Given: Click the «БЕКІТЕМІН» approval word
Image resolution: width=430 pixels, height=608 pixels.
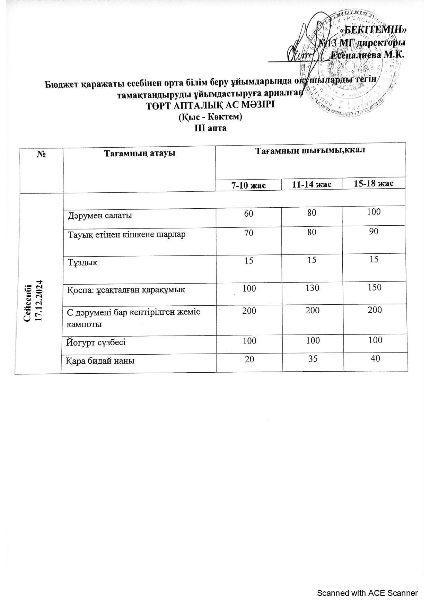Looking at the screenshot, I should pos(373,30).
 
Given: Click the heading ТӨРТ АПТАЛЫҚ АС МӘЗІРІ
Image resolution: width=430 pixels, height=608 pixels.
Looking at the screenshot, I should pos(210,105).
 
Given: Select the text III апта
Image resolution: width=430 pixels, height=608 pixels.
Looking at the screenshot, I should pos(210,128).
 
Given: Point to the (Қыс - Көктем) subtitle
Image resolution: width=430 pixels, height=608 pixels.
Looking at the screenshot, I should pos(210,116).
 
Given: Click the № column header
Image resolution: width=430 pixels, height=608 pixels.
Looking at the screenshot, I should pos(42,154).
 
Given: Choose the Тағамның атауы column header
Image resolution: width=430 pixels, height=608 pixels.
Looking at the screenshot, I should pos(140,153).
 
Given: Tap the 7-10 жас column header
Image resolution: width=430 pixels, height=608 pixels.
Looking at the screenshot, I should pos(248,185).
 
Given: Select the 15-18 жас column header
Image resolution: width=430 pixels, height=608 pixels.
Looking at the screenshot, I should pos(374,183).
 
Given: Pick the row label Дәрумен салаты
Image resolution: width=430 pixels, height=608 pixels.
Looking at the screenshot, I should pos(100,216).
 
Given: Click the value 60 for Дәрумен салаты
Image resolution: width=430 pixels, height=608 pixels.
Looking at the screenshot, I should pos(248,213).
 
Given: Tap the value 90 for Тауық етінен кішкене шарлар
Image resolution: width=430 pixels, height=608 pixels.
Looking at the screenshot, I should pos(374,232).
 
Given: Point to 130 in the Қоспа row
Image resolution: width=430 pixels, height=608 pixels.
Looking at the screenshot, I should pos(313,288).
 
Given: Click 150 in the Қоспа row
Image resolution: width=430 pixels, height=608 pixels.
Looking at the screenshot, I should pos(375,287).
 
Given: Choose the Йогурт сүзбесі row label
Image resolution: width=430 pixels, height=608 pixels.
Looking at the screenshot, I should pos(96,342).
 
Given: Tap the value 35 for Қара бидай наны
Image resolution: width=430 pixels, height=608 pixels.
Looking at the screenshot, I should pos(313,359).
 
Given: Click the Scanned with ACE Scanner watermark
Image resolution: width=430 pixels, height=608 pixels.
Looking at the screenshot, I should pos(367,593).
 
